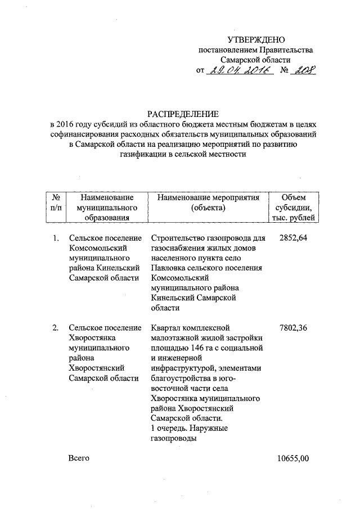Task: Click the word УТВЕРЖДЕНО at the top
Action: [256, 39]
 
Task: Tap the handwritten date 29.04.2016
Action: [239, 70]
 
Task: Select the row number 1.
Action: [56, 238]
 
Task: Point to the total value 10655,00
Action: [293, 458]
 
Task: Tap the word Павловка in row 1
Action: [170, 268]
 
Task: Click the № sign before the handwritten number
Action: [284, 71]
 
